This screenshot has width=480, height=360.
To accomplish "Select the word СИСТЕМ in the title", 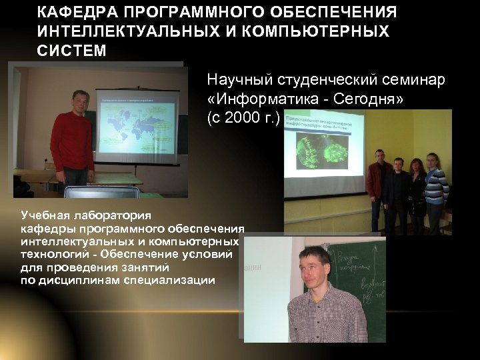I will (72, 51).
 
